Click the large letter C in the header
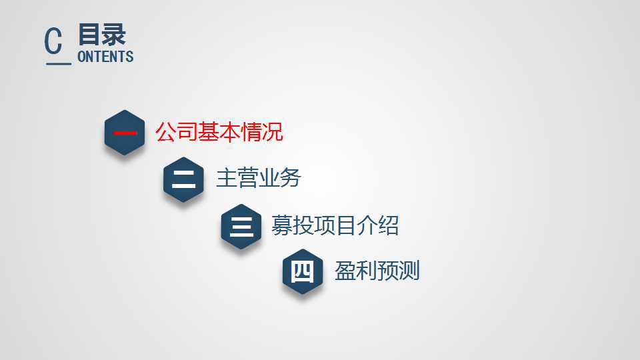point(53,41)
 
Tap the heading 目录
point(101,35)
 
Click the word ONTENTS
point(105,57)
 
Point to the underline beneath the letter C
point(59,64)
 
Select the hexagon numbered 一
point(125,133)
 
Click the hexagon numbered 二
point(184,179)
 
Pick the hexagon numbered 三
point(241,227)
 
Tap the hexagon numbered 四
point(303,271)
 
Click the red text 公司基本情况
point(219,131)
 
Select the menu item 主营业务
point(259,178)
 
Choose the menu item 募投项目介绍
point(335,225)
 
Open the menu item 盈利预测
point(377,271)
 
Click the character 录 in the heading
point(114,35)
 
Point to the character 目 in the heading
point(89,35)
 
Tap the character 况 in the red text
point(273,131)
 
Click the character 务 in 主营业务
point(290,178)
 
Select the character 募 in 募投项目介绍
point(282,225)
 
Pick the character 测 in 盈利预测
point(409,271)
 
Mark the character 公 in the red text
point(166,131)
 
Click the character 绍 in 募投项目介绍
point(389,225)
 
